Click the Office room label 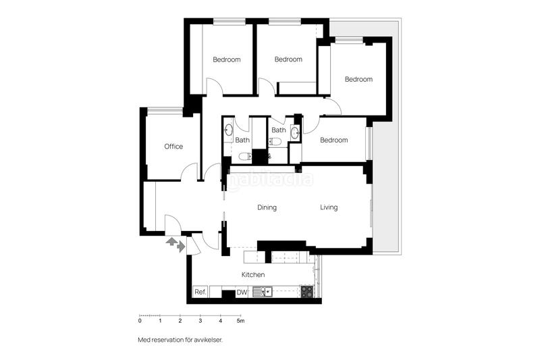click(173, 147)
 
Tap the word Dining click(267, 207)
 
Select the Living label click(329, 207)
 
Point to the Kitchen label click(253, 275)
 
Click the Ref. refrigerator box click(200, 292)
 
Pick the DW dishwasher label click(241, 292)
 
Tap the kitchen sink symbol click(261, 292)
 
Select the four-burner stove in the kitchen click(306, 292)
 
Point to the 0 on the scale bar click(140, 321)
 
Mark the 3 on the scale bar click(200, 321)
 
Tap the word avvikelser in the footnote click(207, 340)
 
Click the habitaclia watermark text click(270, 180)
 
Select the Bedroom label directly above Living click(333, 140)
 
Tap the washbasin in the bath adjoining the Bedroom click(294, 133)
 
